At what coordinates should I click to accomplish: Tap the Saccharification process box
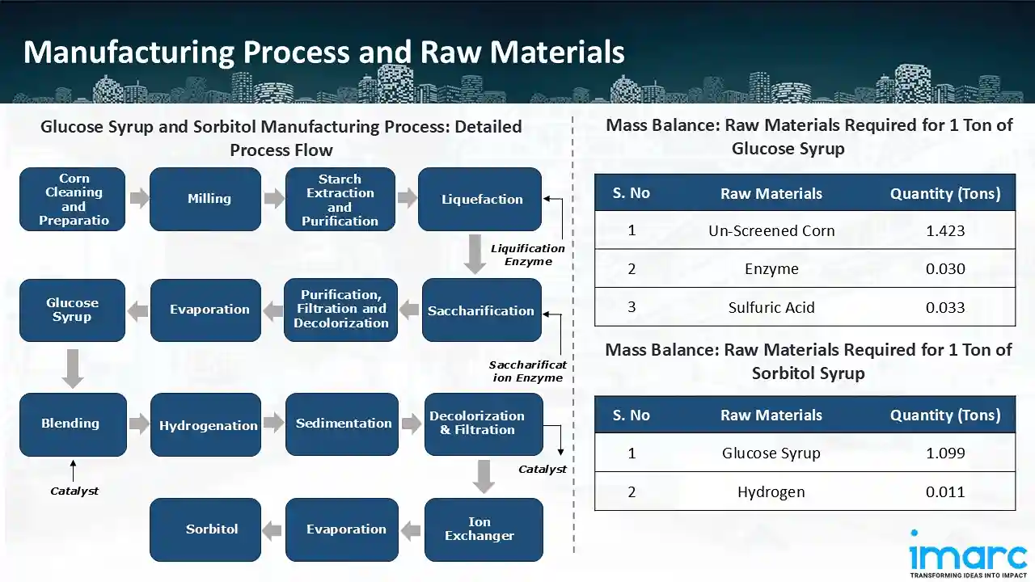coord(482,310)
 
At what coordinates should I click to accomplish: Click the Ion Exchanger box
coord(483,529)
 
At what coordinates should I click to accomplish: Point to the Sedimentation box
coord(342,424)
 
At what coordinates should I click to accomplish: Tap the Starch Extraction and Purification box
coord(340,199)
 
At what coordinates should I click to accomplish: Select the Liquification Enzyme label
coord(528,255)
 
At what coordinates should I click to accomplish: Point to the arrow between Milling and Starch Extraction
coord(274,199)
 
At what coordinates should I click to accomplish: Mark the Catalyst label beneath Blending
coord(74,491)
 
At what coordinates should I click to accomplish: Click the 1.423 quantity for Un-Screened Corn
coord(945,230)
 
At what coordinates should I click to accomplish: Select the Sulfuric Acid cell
coord(771,307)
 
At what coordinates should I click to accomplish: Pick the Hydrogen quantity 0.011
coord(945,491)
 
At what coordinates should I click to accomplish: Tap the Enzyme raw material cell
coord(771,268)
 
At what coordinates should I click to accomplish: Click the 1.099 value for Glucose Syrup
coord(945,453)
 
